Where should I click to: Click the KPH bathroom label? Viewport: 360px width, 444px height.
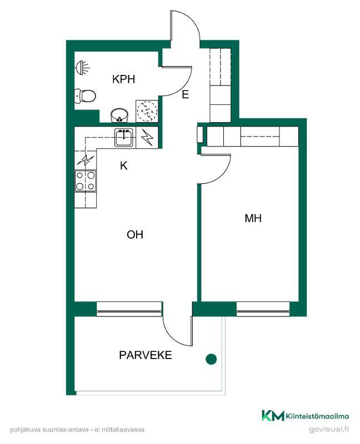click(123, 79)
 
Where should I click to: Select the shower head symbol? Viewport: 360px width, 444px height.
click(82, 68)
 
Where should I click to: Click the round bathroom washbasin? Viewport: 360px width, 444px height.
click(119, 115)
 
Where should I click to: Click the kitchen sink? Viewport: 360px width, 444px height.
click(124, 137)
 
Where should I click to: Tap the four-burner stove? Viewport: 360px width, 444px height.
click(86, 181)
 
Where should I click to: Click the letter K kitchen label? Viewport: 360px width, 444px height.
click(123, 165)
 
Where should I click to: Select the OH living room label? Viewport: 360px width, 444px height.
click(135, 234)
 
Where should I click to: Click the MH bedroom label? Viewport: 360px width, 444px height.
click(253, 218)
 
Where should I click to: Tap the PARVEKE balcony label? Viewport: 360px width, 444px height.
click(146, 355)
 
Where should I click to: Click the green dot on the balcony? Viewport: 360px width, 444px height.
click(211, 359)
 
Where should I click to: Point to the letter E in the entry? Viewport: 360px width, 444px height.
click(185, 94)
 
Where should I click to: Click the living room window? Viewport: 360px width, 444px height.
click(129, 309)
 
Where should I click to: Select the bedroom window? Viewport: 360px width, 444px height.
click(263, 309)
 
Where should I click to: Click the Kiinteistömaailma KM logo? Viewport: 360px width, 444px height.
click(306, 416)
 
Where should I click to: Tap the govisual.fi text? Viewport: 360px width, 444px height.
click(329, 429)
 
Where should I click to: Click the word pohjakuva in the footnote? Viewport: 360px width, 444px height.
click(26, 430)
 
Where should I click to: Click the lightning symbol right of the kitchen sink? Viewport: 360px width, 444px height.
click(147, 137)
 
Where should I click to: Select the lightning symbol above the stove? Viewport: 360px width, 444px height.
click(86, 160)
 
